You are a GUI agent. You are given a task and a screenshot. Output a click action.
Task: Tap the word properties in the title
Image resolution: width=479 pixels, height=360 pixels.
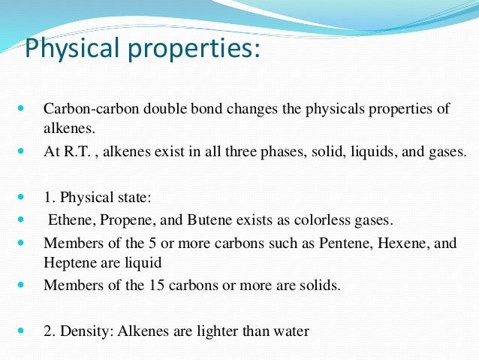tap(193, 50)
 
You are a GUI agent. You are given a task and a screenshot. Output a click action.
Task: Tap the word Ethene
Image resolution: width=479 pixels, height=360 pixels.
tap(69, 221)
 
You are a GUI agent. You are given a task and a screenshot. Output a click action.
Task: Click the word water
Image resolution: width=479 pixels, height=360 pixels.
tap(291, 330)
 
